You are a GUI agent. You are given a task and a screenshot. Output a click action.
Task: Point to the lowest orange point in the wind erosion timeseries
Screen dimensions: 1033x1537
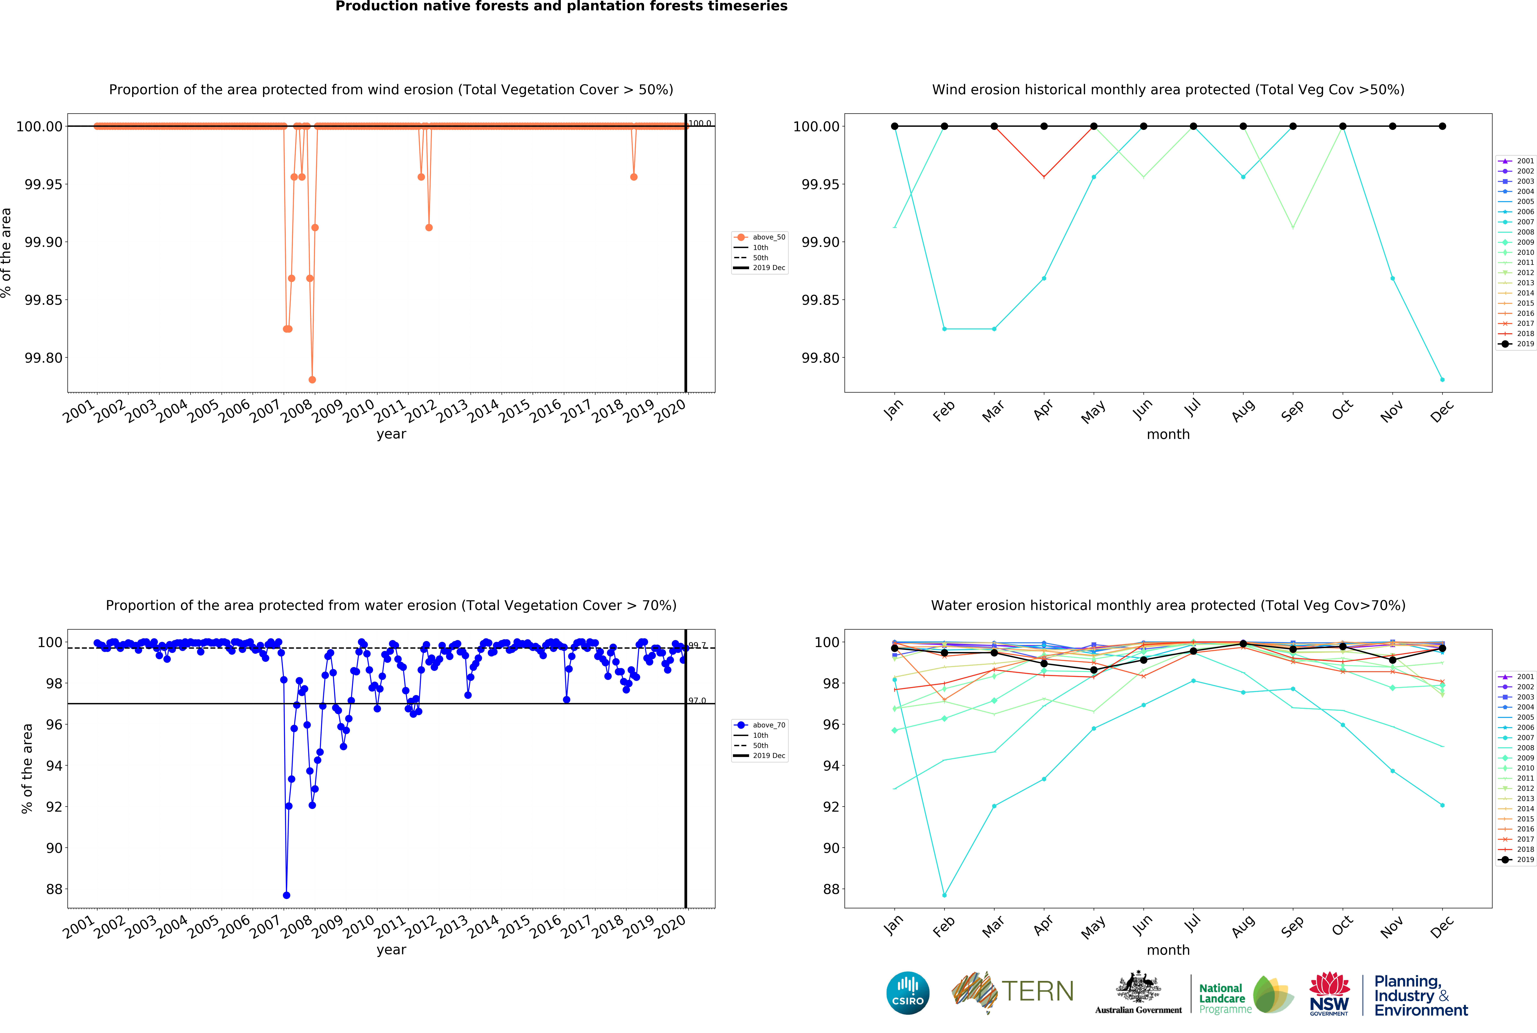[312, 379]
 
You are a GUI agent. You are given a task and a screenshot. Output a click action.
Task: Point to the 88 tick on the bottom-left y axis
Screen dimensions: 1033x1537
[54, 889]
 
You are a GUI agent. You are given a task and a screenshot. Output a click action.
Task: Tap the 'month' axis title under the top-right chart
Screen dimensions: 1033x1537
[1168, 434]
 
